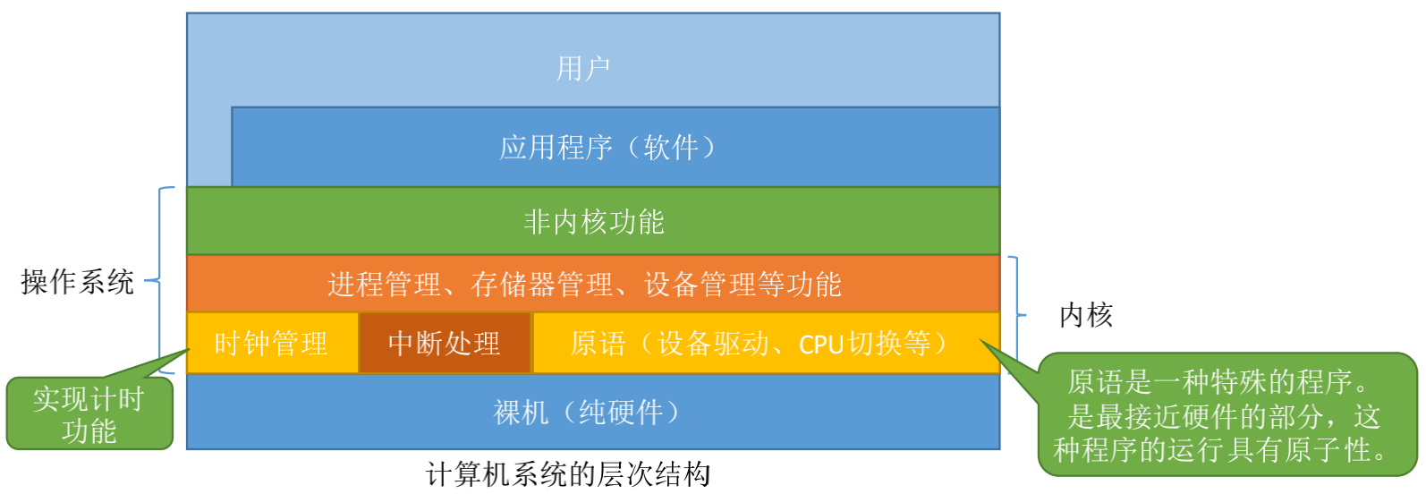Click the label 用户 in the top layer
pyautogui.click(x=583, y=68)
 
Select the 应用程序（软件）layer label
pyautogui.click(x=607, y=147)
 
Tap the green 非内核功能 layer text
pyautogui.click(x=593, y=221)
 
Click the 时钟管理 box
pyautogui.click(x=271, y=343)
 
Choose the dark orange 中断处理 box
pyautogui.click(x=445, y=343)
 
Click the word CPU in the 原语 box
pyautogui.click(x=821, y=345)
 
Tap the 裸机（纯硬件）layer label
pyautogui.click(x=586, y=412)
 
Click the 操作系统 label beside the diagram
pyautogui.click(x=77, y=282)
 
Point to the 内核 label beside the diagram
pyautogui.click(x=1085, y=315)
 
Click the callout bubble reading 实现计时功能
pyautogui.click(x=89, y=413)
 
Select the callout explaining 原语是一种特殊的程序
pyautogui.click(x=1225, y=415)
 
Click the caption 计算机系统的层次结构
pyautogui.click(x=568, y=473)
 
